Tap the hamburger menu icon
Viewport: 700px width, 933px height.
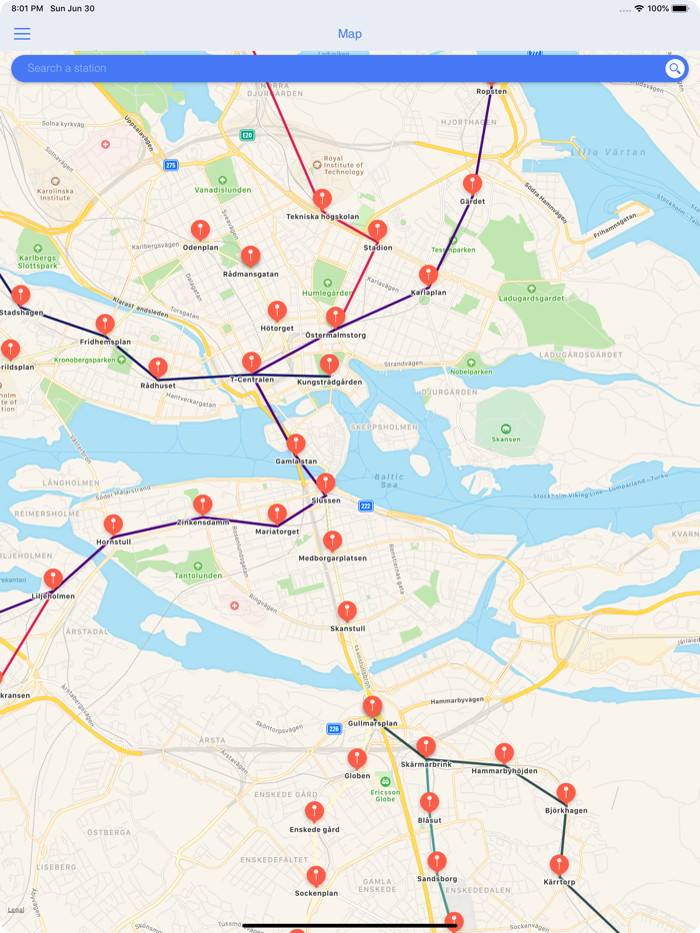point(22,34)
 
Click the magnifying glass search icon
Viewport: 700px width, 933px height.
point(675,68)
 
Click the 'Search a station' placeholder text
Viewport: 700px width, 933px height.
point(67,68)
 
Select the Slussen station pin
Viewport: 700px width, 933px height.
point(326,484)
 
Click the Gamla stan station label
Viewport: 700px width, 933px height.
point(296,462)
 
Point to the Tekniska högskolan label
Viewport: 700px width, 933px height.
point(322,216)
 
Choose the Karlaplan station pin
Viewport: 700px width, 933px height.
point(429,275)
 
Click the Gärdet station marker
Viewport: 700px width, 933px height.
point(472,185)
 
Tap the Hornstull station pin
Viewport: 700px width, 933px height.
point(114,524)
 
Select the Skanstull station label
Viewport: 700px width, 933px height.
point(347,629)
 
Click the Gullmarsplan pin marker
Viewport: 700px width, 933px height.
point(373,706)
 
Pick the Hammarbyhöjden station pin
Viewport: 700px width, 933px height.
point(505,753)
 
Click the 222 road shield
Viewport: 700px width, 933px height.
point(366,506)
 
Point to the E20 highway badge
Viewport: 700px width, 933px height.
point(247,135)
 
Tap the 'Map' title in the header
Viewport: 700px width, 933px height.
point(350,34)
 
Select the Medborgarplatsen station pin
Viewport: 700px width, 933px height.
point(333,541)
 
